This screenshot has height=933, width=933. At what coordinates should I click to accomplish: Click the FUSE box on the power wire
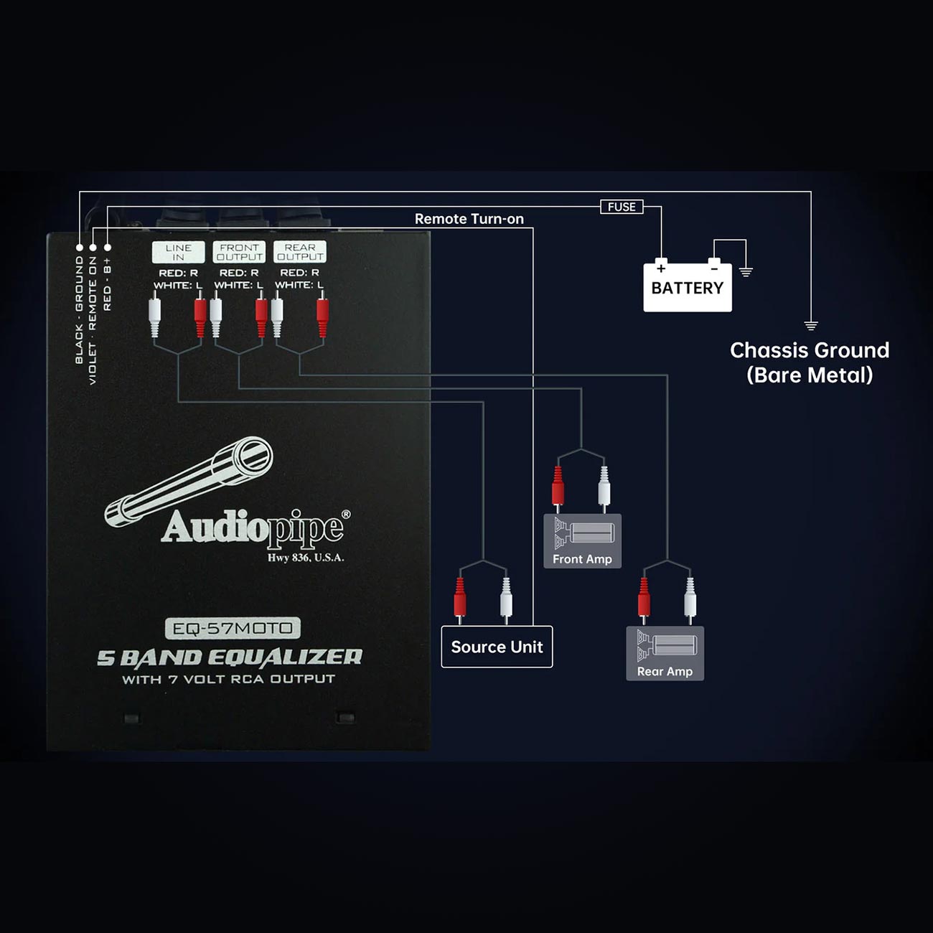coord(622,207)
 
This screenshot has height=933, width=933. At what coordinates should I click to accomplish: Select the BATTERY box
coord(688,287)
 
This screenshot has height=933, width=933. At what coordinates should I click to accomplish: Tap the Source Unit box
coord(497,647)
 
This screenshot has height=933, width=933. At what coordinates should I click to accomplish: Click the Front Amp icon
coord(583,541)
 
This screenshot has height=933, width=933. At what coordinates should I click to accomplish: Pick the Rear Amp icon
coord(665,653)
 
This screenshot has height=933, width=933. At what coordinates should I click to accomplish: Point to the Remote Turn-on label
coord(469,219)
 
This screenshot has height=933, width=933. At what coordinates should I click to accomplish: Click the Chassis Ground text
coord(810,350)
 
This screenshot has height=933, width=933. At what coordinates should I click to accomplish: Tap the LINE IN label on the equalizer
coord(178,252)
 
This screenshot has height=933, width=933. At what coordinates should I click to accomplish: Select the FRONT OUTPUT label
coord(239,252)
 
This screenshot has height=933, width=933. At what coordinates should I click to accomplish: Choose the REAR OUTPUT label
coord(300,252)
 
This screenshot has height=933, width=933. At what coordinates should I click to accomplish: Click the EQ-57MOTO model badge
coord(233,629)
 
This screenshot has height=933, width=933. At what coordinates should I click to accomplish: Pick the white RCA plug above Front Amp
coord(604,489)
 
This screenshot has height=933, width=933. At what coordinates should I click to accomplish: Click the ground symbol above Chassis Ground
coord(811,325)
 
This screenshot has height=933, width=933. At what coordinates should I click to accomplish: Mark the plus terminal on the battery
coord(662,268)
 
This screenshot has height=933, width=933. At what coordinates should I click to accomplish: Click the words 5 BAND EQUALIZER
coord(230,657)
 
